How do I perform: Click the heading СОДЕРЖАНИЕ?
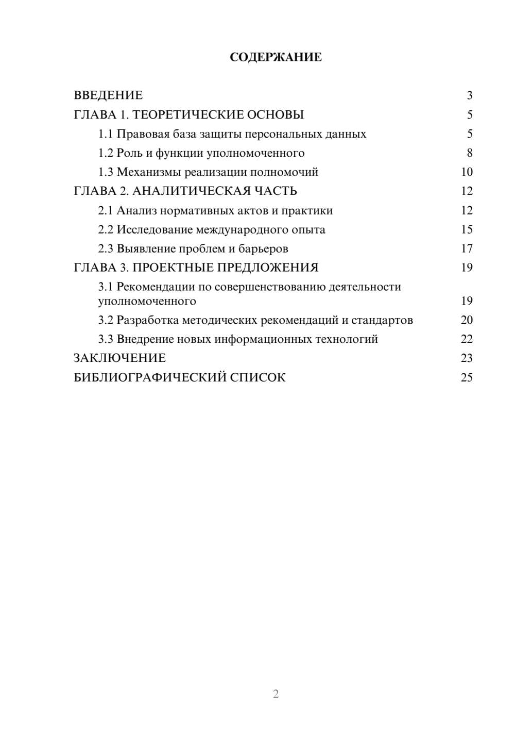pos(276,57)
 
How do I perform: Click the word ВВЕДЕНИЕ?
pos(108,95)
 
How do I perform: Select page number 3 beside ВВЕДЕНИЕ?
pos(469,95)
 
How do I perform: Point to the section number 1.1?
pos(105,134)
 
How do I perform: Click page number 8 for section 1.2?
pos(469,153)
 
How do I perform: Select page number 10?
pos(467,172)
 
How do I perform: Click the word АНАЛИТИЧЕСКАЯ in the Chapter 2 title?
pos(191,191)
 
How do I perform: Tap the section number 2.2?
pos(105,230)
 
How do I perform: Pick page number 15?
pos(467,230)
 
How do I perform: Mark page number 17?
pos(467,249)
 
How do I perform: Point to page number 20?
pos(467,320)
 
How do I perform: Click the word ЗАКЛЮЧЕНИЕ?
pos(119,358)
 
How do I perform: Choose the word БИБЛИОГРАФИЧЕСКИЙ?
pos(149,377)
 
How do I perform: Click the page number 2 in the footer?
pos(276,694)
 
